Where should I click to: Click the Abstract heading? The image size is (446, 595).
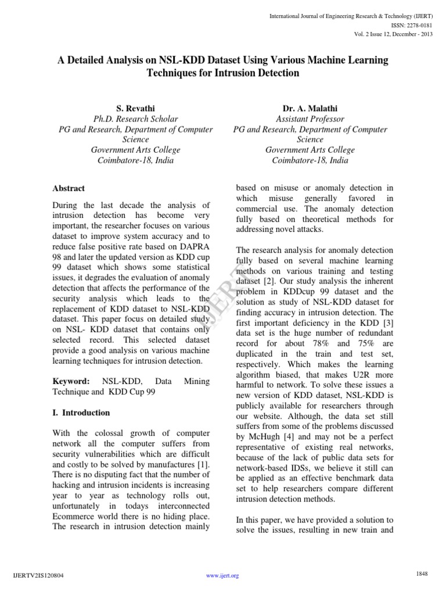tap(69, 188)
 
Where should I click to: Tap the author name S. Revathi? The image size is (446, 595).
tap(135, 108)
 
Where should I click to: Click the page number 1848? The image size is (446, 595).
tap(422, 574)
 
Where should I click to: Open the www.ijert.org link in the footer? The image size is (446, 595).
tap(222, 576)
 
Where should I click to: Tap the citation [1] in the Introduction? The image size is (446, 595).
tap(203, 465)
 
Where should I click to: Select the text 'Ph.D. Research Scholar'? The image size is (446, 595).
tap(135, 119)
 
